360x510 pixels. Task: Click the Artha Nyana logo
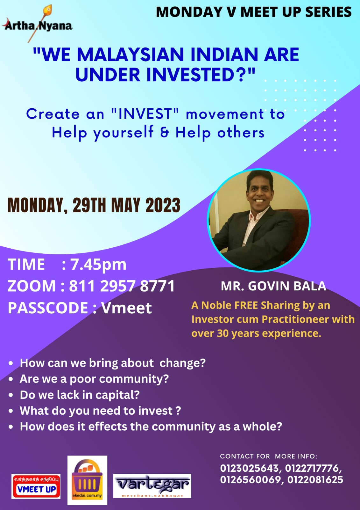37,24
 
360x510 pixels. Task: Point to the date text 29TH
89,205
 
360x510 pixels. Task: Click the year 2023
163,205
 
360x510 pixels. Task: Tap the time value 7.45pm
98,265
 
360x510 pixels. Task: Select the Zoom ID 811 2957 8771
122,286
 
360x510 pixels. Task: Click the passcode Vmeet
126,308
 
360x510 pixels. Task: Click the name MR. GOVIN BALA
274,286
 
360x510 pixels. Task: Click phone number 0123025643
249,469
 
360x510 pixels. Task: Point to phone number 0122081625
315,479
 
